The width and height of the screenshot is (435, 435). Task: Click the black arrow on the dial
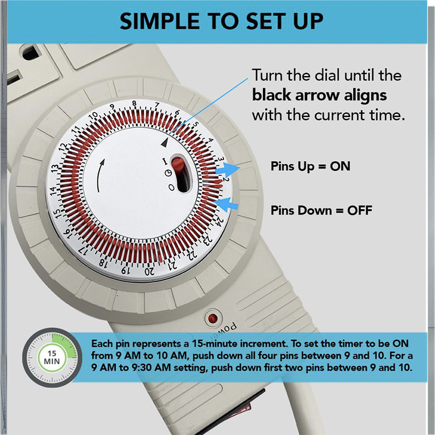point(165,142)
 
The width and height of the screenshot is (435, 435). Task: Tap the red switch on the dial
point(178,165)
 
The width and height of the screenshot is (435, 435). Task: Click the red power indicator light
point(213,318)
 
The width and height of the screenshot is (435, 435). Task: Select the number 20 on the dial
point(150,271)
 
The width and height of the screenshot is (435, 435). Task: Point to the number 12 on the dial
point(63,147)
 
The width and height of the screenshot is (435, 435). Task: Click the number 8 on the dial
point(134,103)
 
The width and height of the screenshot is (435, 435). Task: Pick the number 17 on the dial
point(83,251)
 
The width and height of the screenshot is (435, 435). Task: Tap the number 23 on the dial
point(208,240)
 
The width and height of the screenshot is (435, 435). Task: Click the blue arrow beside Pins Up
point(227,170)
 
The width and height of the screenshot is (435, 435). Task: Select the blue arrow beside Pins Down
point(226,204)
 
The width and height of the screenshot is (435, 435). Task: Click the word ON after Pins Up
point(340,166)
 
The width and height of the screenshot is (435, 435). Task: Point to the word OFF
point(359,210)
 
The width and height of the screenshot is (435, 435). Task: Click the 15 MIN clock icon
point(52,358)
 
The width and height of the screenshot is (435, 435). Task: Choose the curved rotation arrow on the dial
point(101,176)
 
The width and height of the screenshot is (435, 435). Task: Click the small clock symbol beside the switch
point(169,173)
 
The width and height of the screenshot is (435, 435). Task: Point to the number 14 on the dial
point(53,190)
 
